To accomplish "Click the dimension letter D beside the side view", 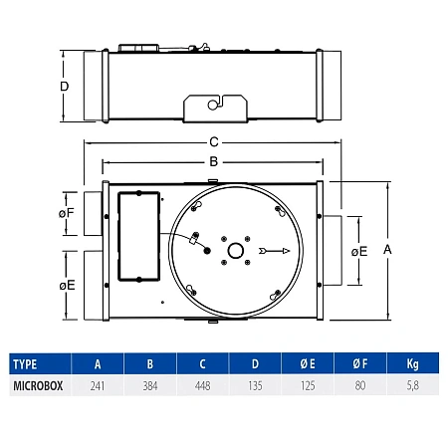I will (x=65, y=87).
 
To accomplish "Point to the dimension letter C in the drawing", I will (x=215, y=142).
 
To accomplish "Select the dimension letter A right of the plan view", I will (x=387, y=251).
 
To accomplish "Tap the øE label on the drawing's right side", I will (x=359, y=251).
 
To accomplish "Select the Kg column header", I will (x=412, y=364).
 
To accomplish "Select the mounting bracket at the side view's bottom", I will (x=215, y=107).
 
